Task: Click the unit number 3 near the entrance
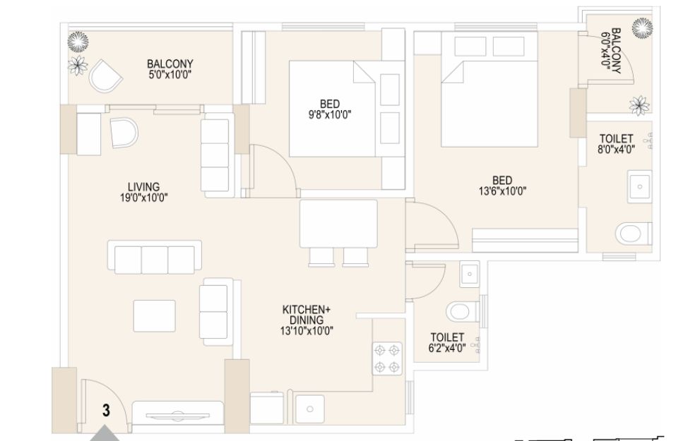[x=106, y=410]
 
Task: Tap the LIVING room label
[x=143, y=187]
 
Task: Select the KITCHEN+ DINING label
[x=307, y=315]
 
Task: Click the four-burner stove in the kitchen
[x=387, y=358]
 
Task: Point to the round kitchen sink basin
[x=309, y=409]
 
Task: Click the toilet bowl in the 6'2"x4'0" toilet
[x=462, y=311]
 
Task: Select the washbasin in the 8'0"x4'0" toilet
[x=640, y=186]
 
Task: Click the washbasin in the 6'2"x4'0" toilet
[x=470, y=274]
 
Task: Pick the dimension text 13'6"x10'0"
[x=502, y=191]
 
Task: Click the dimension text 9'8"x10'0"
[x=330, y=115]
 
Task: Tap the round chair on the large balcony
[x=105, y=75]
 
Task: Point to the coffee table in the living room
[x=154, y=316]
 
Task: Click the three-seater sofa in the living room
[x=154, y=257]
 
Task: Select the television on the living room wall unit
[x=177, y=416]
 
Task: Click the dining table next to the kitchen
[x=338, y=224]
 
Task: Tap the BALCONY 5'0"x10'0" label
[x=170, y=69]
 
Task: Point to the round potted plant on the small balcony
[x=642, y=28]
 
